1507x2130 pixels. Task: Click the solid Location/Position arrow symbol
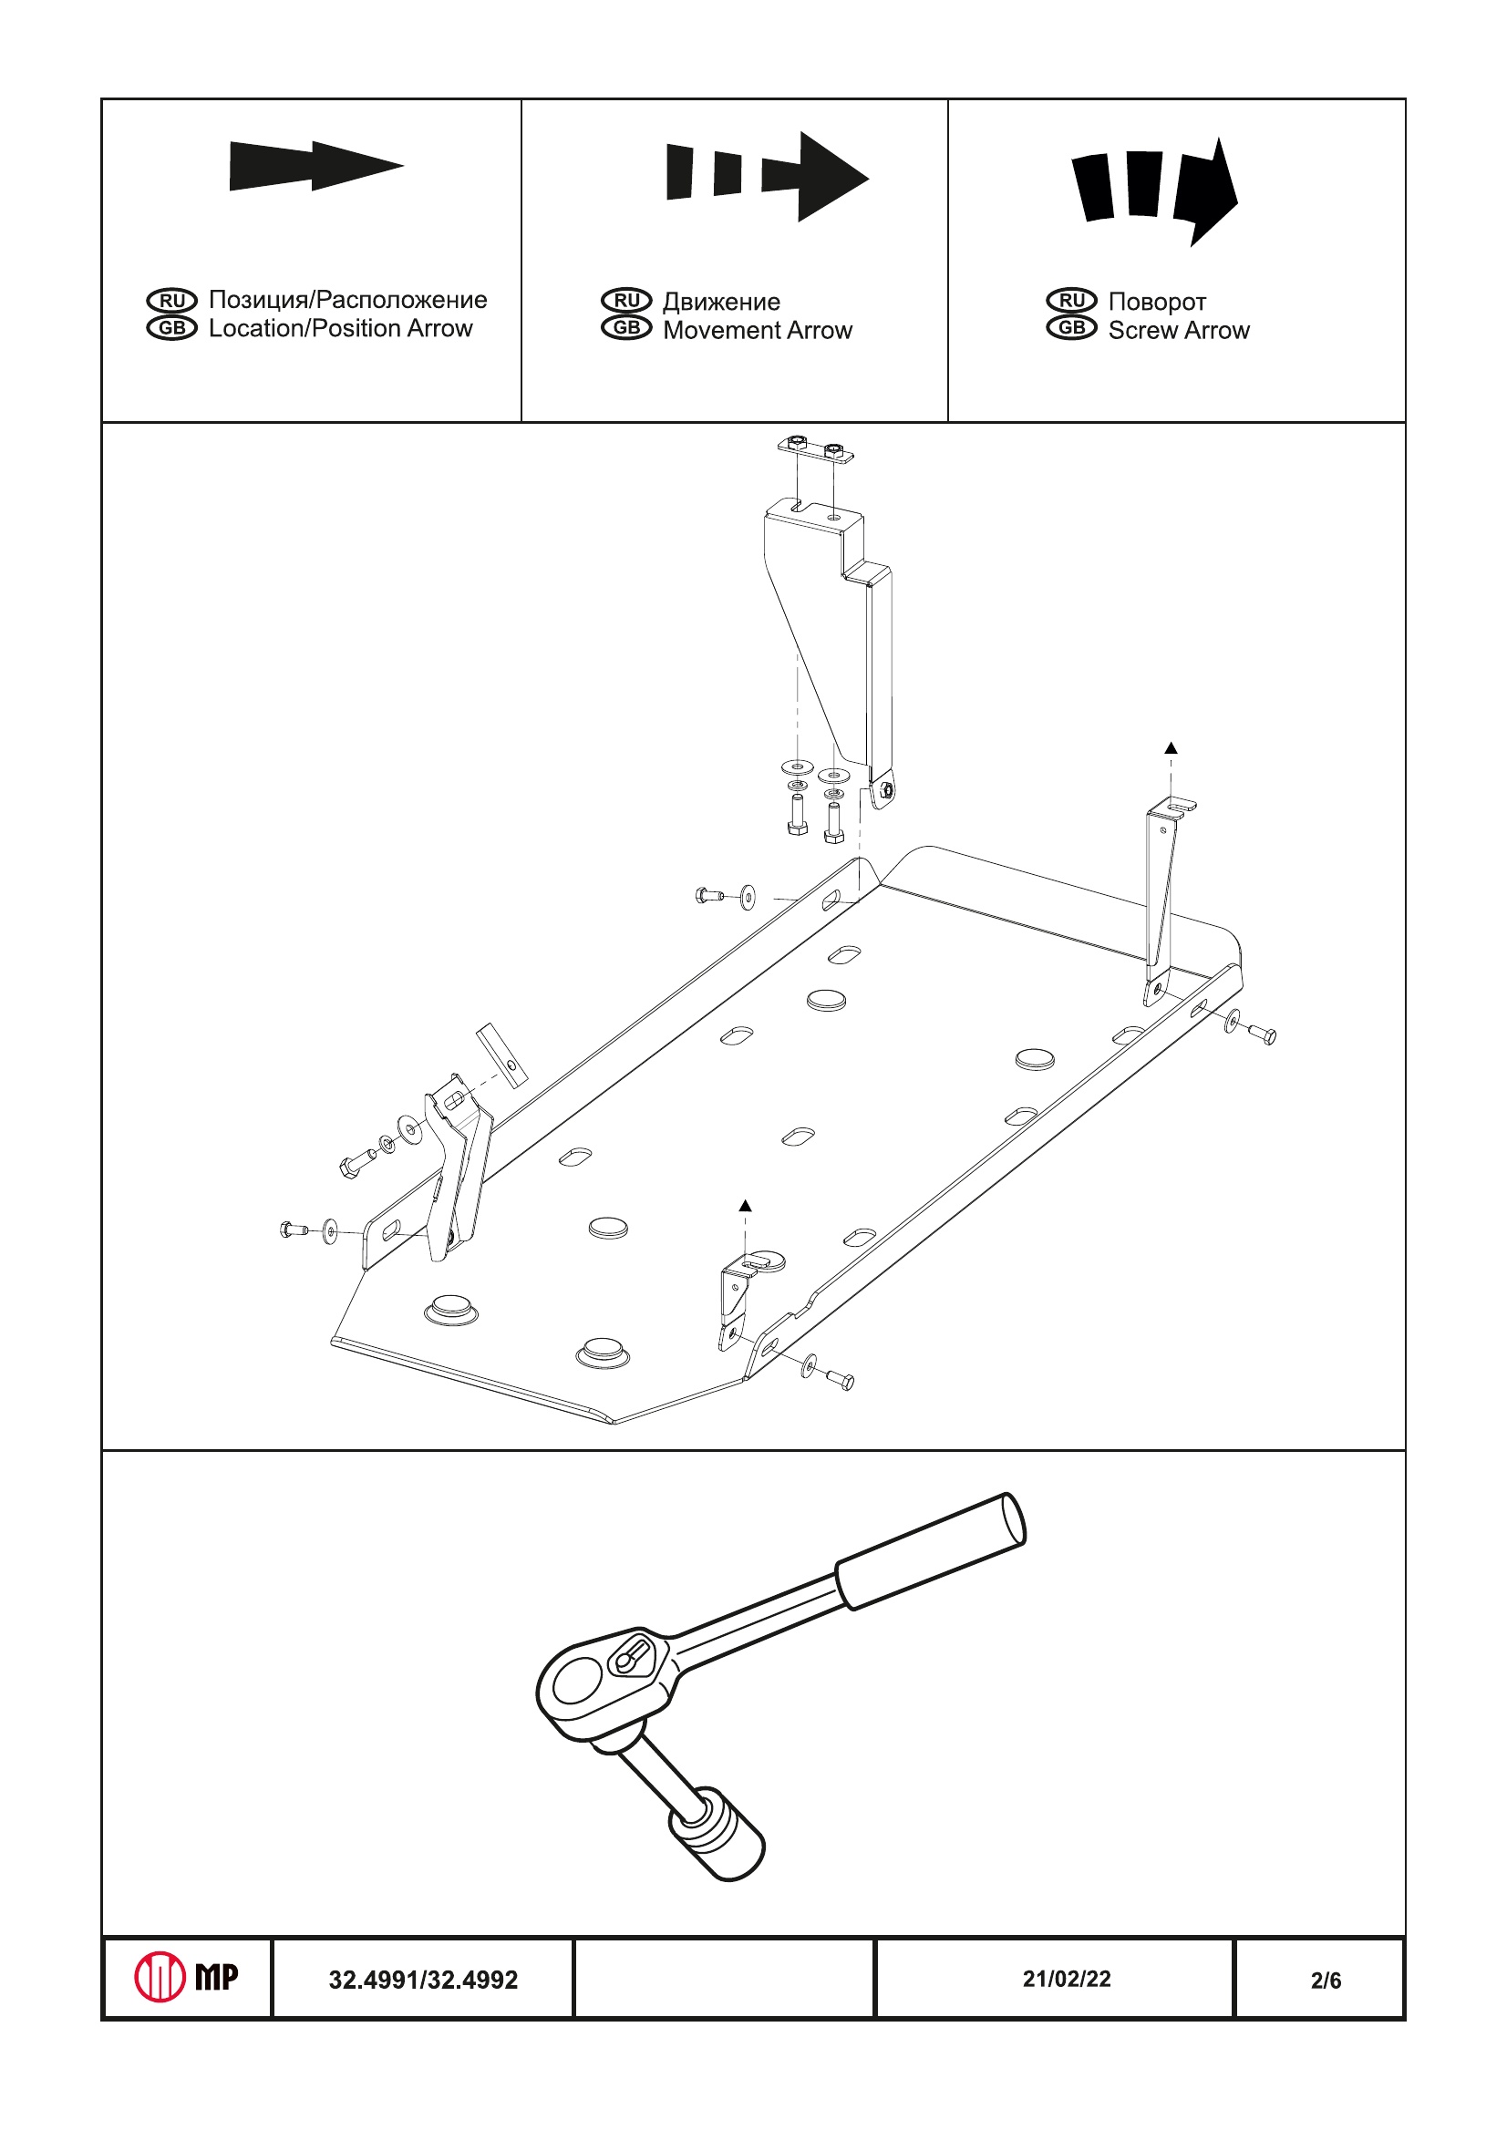pos(315,166)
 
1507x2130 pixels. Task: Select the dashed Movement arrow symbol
pos(767,176)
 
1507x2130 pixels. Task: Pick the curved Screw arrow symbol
pos(1154,190)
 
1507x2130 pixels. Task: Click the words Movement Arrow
pos(758,330)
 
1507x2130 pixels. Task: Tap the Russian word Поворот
pos(1157,302)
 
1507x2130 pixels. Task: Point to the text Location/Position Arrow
pos(341,328)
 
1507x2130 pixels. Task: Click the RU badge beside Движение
pos(626,301)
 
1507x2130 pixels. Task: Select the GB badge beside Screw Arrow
pos(1072,328)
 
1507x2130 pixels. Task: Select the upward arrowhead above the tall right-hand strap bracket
pos(1172,747)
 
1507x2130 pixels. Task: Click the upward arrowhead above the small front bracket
pos(745,1206)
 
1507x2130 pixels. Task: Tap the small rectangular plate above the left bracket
pos(502,1055)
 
